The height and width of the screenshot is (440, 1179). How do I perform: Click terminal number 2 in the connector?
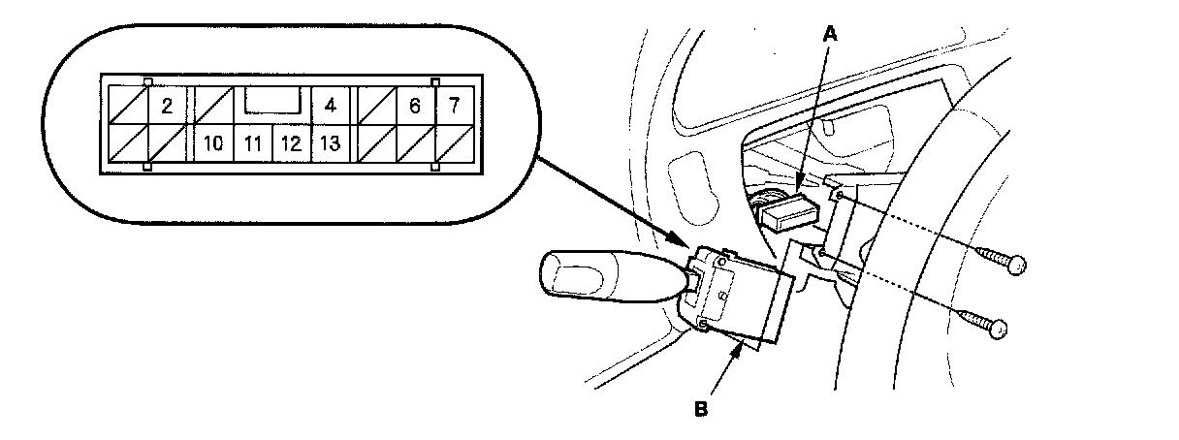[x=167, y=106]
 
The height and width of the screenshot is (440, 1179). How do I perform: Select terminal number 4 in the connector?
[x=330, y=106]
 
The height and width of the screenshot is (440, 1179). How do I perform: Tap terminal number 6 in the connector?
[x=415, y=106]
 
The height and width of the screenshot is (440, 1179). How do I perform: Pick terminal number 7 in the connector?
[x=454, y=106]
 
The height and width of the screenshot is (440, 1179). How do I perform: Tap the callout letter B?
[x=700, y=408]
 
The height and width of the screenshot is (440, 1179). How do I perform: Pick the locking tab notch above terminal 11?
[x=271, y=99]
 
